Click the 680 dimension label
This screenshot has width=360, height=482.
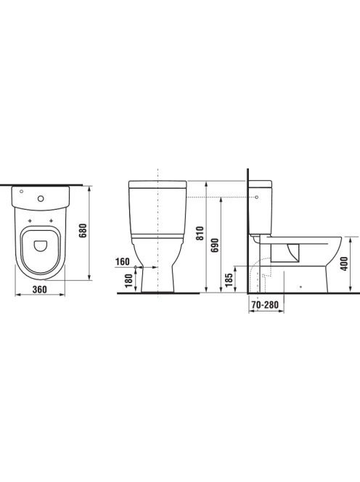[83, 231]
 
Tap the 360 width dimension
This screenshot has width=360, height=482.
[40, 289]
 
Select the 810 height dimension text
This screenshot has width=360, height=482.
[200, 233]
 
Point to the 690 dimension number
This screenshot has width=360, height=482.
[215, 245]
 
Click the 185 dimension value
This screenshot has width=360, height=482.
[229, 280]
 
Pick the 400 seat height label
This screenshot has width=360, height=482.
[345, 264]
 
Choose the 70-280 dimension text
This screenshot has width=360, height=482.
[265, 305]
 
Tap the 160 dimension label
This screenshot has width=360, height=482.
[123, 262]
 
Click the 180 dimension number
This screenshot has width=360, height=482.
[129, 280]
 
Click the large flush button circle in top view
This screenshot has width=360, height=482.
[41, 199]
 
